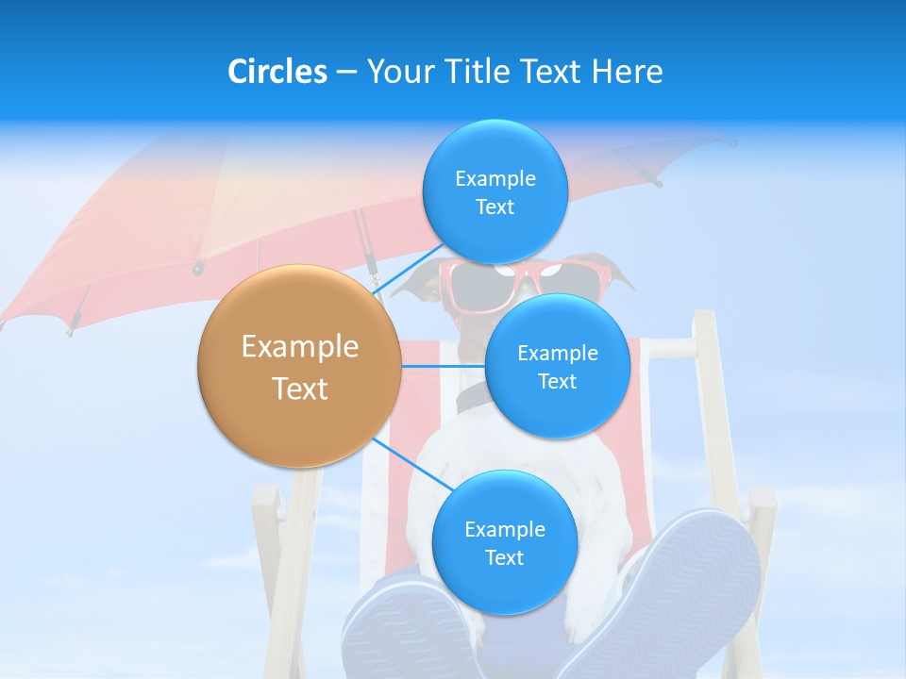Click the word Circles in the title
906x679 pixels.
tap(277, 72)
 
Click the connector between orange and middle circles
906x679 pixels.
tap(444, 366)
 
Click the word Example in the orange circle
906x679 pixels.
tap(300, 347)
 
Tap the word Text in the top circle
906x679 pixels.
tap(495, 207)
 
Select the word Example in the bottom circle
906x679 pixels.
tap(504, 529)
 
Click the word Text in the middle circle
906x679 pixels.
tap(557, 381)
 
